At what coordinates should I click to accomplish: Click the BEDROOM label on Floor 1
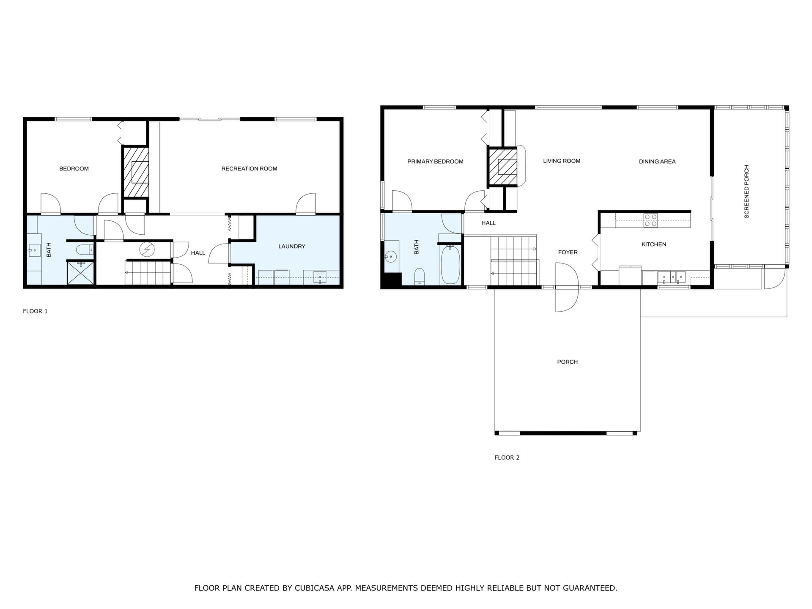74,169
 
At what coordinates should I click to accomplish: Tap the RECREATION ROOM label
250,169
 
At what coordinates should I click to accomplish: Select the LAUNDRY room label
292,246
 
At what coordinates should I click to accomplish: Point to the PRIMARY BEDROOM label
435,162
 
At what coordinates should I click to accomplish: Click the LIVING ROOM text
562,161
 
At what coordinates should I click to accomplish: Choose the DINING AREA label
657,162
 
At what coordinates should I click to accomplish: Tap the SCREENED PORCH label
746,192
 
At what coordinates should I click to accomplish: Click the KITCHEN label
654,244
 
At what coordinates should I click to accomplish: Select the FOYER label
568,252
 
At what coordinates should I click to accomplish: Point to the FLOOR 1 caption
35,311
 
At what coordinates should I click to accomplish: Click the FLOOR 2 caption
507,458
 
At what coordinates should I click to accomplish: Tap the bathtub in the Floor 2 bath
450,264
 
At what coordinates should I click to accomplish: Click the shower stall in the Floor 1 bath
80,273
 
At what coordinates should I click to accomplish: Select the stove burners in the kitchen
650,220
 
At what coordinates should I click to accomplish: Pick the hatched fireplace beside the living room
503,167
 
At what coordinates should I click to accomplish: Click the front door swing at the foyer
567,287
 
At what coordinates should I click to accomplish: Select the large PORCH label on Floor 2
567,362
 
